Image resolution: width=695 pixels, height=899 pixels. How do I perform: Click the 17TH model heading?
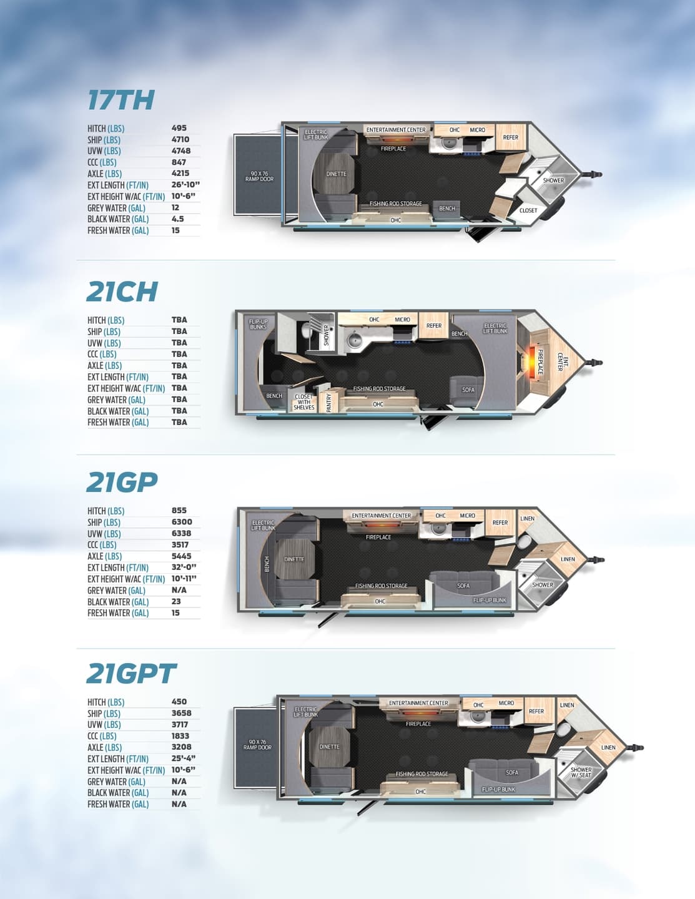tap(121, 100)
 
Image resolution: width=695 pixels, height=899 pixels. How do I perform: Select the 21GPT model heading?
tap(132, 674)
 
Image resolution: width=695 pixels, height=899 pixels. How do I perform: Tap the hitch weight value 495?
tap(179, 128)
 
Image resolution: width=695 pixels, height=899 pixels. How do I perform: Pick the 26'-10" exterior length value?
tap(185, 185)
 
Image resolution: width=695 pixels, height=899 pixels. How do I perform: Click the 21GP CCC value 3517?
tap(180, 544)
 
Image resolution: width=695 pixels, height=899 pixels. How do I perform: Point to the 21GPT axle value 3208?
tap(182, 747)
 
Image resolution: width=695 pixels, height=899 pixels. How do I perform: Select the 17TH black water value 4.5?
tap(178, 219)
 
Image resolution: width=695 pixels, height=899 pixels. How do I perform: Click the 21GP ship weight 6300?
tap(182, 522)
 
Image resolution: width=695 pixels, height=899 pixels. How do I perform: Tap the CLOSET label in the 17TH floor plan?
tap(528, 210)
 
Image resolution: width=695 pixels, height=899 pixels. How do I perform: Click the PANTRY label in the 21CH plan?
tap(329, 403)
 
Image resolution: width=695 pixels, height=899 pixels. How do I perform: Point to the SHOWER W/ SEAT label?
tap(581, 772)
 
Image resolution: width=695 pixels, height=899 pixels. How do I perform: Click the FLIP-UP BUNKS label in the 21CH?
tap(258, 324)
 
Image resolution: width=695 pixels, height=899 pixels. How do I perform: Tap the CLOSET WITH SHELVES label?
tap(304, 402)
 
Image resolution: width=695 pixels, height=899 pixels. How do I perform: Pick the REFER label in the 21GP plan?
tap(500, 523)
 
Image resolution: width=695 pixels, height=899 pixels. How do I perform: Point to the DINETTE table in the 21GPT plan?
tap(329, 747)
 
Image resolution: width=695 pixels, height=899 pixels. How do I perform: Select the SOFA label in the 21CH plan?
tap(468, 390)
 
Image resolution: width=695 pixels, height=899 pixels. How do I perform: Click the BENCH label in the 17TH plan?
tap(447, 209)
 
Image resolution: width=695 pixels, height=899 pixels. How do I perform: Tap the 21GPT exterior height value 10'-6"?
tap(183, 770)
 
